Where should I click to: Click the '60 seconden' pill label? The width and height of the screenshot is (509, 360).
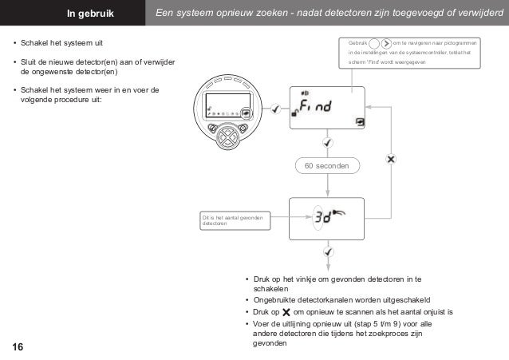coord(327,165)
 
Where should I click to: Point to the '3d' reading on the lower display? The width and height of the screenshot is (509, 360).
coord(322,216)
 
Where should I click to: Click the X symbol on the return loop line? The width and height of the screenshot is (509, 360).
coord(390,160)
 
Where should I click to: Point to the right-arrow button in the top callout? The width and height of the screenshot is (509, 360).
coord(387,42)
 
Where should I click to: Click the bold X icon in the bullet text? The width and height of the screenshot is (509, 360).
coord(286,311)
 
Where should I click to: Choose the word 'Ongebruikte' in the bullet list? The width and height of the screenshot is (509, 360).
coord(277,300)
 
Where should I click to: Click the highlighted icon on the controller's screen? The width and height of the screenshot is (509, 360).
coord(247,113)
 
